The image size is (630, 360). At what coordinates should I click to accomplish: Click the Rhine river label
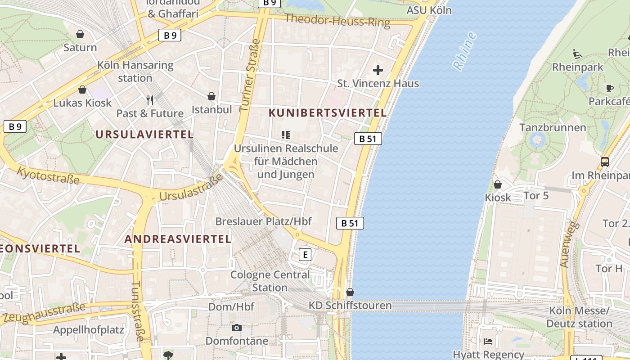tap(465, 51)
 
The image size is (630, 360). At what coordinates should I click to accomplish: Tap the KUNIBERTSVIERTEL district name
tap(328, 113)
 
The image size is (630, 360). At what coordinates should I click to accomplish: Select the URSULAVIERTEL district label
tap(144, 134)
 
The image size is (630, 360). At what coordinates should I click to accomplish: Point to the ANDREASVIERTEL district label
tap(178, 239)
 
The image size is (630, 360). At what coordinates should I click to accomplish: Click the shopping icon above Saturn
tap(80, 34)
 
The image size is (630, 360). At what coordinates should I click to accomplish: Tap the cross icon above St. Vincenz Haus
tap(378, 70)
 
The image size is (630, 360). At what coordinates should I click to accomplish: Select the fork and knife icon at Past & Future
tap(150, 100)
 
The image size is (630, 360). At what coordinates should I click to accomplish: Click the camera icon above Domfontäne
tap(237, 328)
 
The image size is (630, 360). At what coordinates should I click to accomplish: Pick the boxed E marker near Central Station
tap(305, 255)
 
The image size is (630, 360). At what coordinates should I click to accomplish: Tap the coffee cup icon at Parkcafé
tap(610, 88)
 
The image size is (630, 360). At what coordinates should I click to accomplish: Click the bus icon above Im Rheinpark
tap(605, 162)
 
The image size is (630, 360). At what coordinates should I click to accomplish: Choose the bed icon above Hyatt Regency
tap(488, 342)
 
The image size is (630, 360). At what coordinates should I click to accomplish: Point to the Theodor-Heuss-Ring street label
tap(337, 20)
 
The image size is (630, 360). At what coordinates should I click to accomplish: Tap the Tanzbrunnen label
tap(553, 127)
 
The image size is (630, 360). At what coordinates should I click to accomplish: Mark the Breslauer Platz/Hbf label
tap(263, 221)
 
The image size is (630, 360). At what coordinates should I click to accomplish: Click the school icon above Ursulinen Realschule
tap(285, 135)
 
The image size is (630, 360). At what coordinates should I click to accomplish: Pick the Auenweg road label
tap(569, 244)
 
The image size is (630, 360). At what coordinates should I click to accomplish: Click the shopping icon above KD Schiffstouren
tap(350, 292)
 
